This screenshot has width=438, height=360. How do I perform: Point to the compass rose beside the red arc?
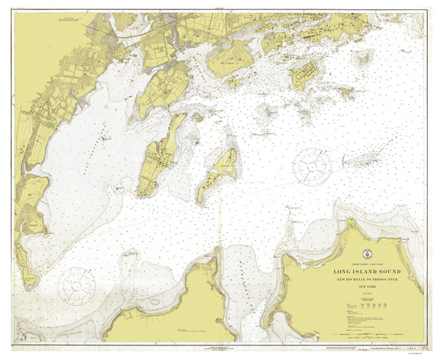[312, 164]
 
